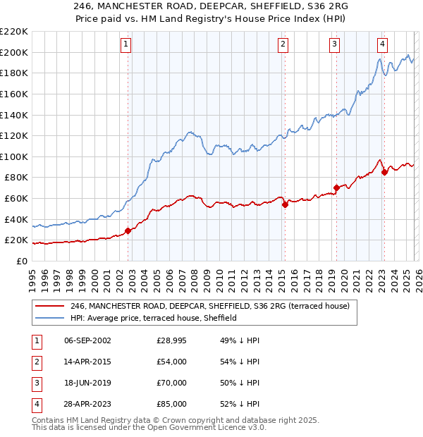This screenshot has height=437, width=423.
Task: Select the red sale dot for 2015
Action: (285, 205)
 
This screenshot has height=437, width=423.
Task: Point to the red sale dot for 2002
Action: (128, 230)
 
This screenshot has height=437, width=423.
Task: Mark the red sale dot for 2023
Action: (384, 172)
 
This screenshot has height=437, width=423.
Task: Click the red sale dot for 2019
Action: (336, 187)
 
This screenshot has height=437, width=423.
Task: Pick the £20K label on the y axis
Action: (16, 240)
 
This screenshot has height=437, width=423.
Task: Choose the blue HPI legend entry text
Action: (153, 318)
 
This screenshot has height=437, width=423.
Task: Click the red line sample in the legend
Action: (49, 306)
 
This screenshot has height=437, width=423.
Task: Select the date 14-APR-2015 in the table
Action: (87, 362)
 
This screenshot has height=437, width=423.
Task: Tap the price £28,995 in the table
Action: (172, 340)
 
